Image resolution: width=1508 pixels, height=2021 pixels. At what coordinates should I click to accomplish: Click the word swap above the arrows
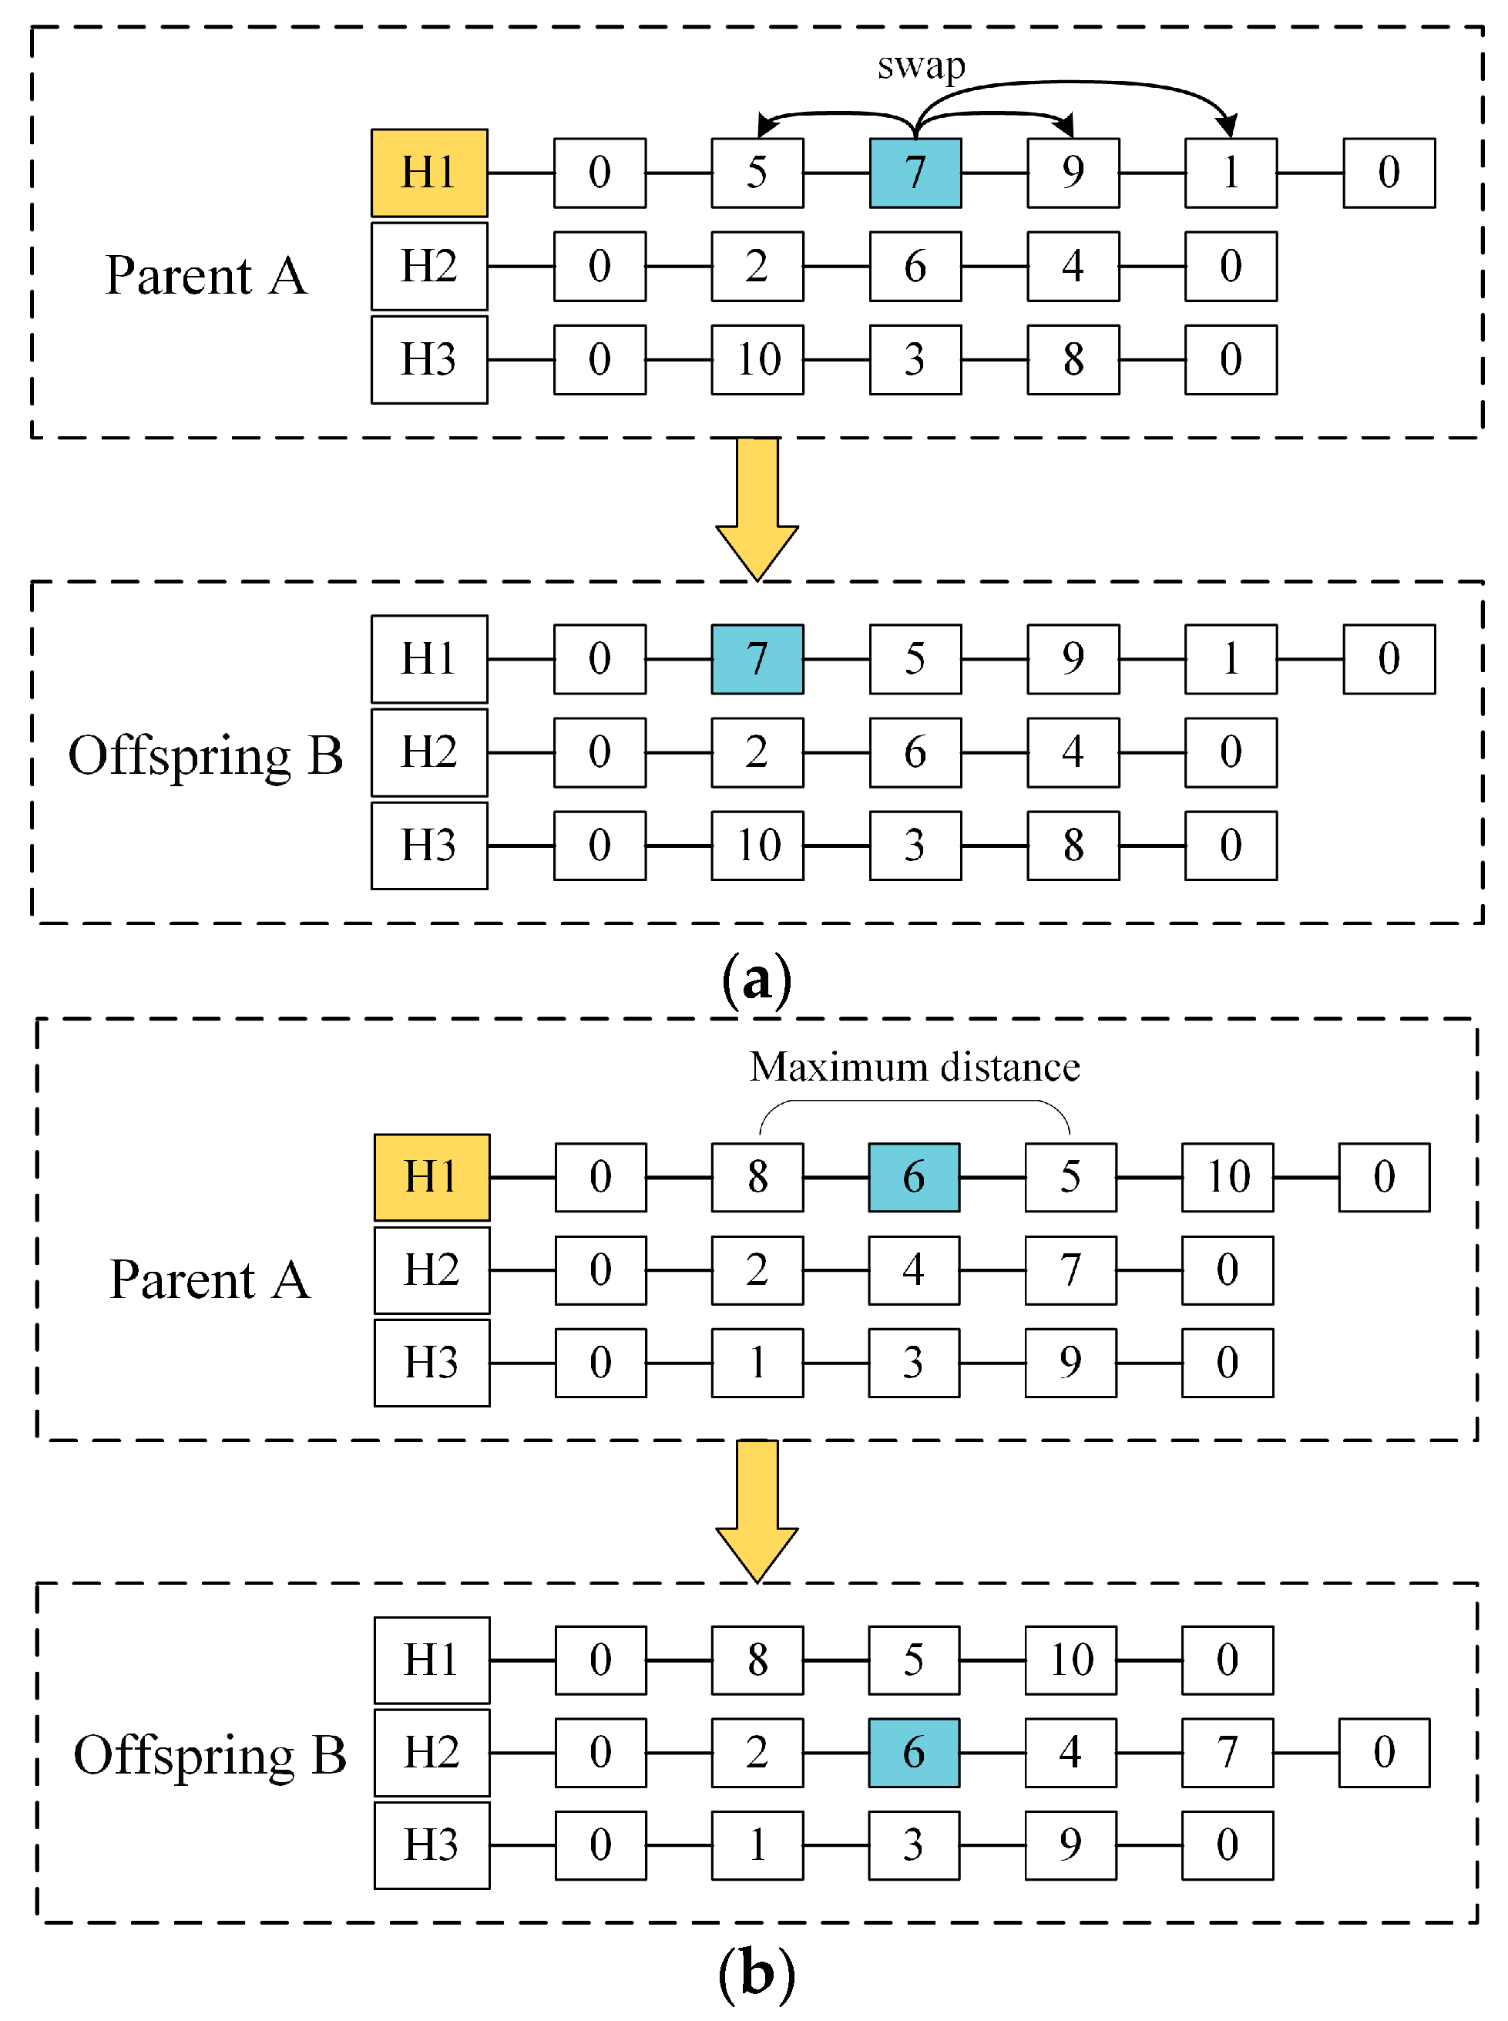click(x=920, y=66)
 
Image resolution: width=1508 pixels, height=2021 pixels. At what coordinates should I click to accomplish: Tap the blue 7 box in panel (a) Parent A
click(x=915, y=173)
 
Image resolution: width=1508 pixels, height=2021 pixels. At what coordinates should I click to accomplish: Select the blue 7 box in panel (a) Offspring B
click(x=757, y=658)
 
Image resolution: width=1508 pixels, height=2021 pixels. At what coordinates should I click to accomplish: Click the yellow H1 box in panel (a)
click(x=429, y=173)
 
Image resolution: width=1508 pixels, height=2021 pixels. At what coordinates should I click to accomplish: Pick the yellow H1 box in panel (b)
click(x=432, y=1177)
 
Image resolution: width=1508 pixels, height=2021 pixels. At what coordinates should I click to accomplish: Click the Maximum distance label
click(x=914, y=1066)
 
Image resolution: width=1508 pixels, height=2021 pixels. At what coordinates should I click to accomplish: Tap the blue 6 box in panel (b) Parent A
click(x=913, y=1177)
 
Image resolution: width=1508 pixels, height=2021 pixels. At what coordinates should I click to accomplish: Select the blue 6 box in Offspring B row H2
click(x=913, y=1752)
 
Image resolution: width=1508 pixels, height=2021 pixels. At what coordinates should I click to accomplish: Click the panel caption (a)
click(x=756, y=979)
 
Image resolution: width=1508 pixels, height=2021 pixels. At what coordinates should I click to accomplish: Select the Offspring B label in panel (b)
click(x=210, y=1754)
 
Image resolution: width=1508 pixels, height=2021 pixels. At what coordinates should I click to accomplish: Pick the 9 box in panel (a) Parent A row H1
click(x=1073, y=173)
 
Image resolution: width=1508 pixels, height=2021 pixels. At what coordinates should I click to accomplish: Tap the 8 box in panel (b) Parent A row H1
click(x=757, y=1177)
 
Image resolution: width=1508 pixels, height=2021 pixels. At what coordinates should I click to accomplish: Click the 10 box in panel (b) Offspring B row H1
click(x=1070, y=1659)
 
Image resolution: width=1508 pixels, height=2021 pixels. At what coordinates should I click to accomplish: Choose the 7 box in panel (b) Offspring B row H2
click(x=1227, y=1752)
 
